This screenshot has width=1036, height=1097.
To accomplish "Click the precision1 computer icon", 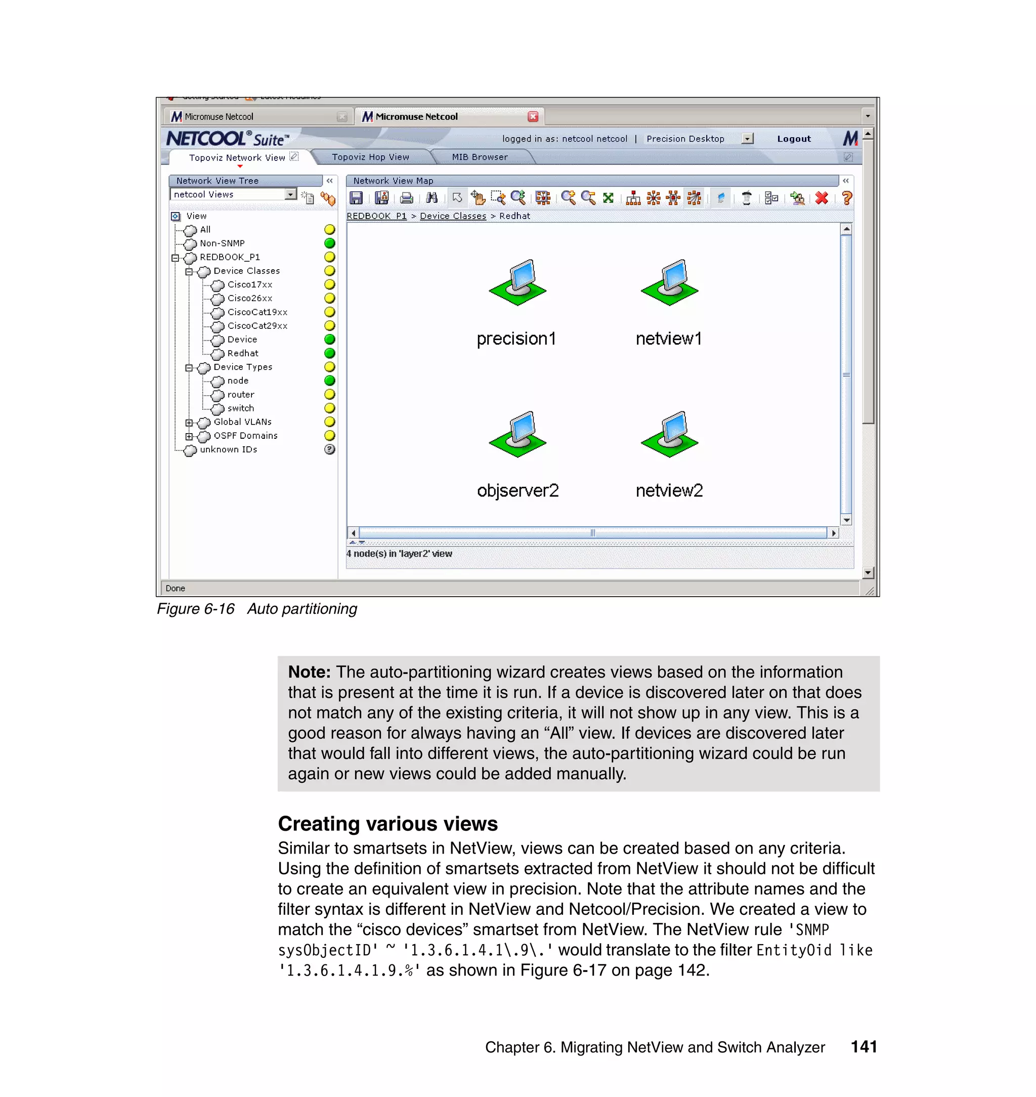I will pyautogui.click(x=517, y=282).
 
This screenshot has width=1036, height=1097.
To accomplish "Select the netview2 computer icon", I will pyautogui.click(x=669, y=434).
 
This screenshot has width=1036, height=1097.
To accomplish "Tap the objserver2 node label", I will pyautogui.click(x=517, y=490).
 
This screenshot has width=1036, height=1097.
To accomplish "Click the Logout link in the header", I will pyautogui.click(x=794, y=139).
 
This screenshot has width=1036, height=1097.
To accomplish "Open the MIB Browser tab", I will pyautogui.click(x=480, y=157).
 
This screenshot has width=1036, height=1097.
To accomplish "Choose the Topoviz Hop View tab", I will pyautogui.click(x=370, y=157).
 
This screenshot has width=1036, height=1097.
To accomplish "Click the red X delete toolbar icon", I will pyautogui.click(x=821, y=198).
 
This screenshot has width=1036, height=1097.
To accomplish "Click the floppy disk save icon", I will pyautogui.click(x=356, y=198).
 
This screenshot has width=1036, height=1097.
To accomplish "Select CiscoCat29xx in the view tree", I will pyautogui.click(x=257, y=326).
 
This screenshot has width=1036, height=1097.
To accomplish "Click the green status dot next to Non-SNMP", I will pyautogui.click(x=330, y=243).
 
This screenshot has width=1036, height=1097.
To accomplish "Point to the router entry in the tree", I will pyautogui.click(x=241, y=394).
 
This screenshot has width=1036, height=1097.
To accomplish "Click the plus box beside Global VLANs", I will pyautogui.click(x=189, y=423).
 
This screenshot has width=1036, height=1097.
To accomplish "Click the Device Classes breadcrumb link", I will pyautogui.click(x=453, y=216).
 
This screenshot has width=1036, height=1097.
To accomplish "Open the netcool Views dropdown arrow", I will pyautogui.click(x=290, y=194).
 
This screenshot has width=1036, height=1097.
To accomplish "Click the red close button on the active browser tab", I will pyautogui.click(x=533, y=116).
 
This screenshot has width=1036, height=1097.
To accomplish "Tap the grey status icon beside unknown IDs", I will pyautogui.click(x=330, y=450).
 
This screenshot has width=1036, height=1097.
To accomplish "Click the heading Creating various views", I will pyautogui.click(x=387, y=824).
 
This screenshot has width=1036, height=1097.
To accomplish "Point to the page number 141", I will pyautogui.click(x=864, y=1047).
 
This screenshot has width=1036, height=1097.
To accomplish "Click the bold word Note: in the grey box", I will pyautogui.click(x=309, y=671).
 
